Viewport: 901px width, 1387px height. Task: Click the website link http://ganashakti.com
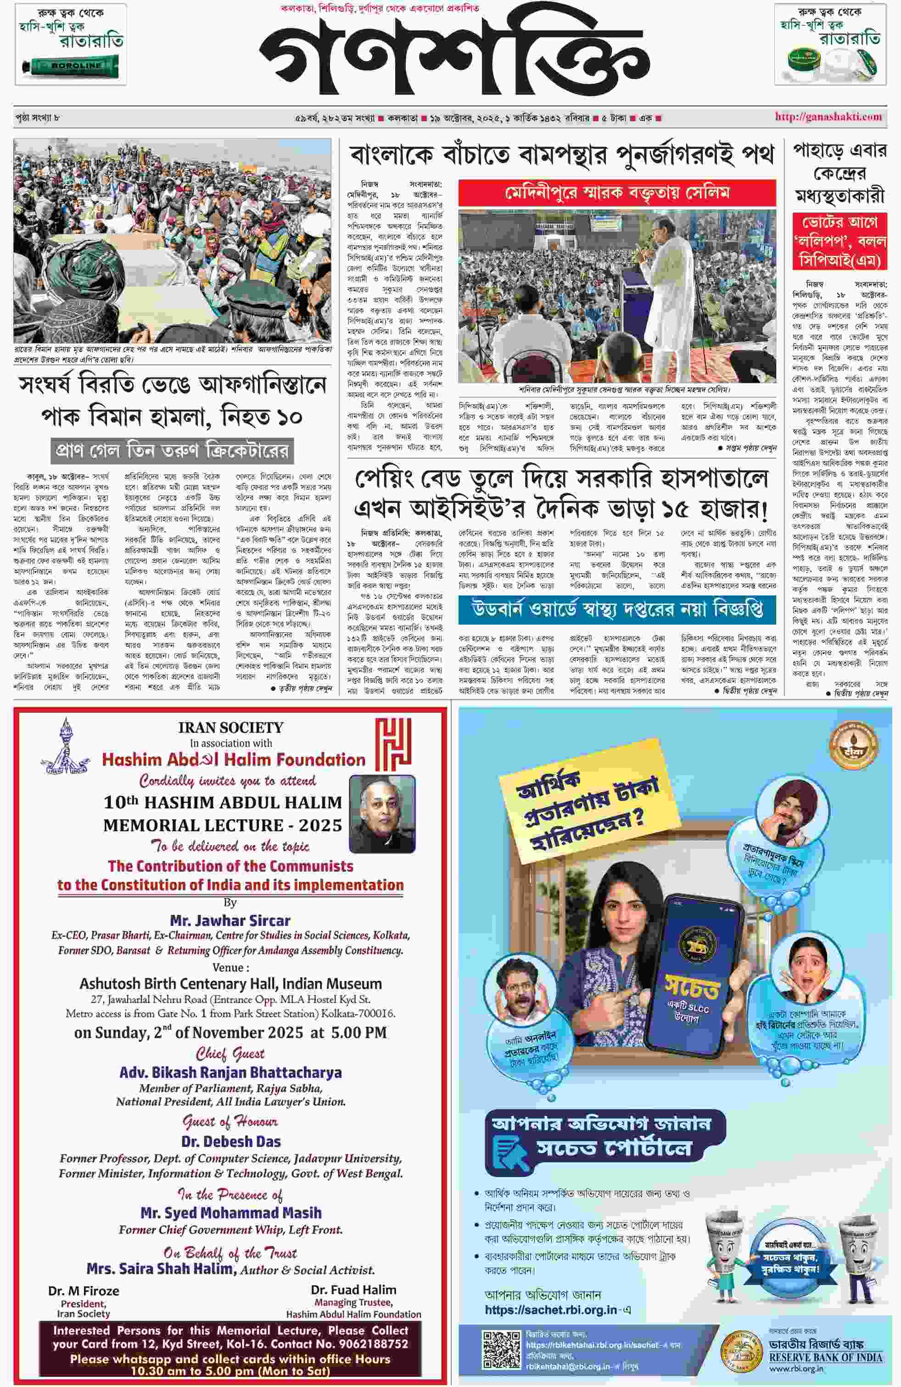[x=828, y=117]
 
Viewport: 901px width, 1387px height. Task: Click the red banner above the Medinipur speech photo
[x=617, y=193]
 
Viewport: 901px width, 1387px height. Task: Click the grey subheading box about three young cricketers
[x=172, y=451]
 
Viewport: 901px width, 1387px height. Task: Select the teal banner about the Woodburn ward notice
[x=617, y=609]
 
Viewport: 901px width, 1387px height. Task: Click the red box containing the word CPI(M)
[x=839, y=241]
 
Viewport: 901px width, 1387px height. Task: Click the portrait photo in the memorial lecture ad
[x=381, y=813]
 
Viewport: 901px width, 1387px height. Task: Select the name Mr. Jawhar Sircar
[x=230, y=920]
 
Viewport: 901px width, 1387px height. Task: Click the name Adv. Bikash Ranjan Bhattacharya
[x=230, y=1072]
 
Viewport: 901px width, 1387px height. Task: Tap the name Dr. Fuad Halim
[x=353, y=1290]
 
